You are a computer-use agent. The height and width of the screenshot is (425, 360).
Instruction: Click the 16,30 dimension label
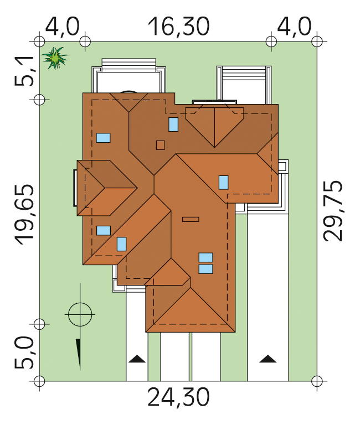click(x=179, y=27)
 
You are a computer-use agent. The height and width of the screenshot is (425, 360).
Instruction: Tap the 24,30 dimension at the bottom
click(x=179, y=397)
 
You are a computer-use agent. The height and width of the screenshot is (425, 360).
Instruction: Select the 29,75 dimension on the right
click(x=333, y=210)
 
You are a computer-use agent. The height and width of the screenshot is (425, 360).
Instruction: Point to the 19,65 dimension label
click(x=24, y=214)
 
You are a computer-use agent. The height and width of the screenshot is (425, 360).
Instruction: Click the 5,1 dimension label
click(x=24, y=71)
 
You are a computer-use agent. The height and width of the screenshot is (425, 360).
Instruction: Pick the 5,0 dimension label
click(x=24, y=353)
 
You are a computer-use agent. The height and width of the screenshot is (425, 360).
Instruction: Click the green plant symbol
click(x=55, y=58)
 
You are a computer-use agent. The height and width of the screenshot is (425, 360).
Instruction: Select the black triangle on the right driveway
click(x=268, y=359)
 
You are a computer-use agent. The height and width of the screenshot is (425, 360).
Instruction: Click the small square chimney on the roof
click(x=160, y=146)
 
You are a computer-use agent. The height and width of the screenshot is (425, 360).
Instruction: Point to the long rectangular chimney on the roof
click(x=191, y=219)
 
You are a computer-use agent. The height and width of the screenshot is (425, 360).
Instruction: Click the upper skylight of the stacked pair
click(x=205, y=257)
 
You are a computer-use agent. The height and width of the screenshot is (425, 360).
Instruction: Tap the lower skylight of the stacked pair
click(x=205, y=269)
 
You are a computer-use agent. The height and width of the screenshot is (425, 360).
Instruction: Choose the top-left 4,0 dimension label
click(x=63, y=27)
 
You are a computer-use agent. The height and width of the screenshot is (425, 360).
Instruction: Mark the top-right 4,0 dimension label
click(x=294, y=27)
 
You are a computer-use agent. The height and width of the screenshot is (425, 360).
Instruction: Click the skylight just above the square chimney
click(x=173, y=125)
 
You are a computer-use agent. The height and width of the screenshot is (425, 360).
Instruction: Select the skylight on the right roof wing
click(x=224, y=183)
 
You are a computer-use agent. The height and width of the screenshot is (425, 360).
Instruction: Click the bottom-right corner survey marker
click(x=317, y=381)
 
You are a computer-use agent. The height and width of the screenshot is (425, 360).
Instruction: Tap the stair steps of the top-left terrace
click(x=129, y=65)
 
